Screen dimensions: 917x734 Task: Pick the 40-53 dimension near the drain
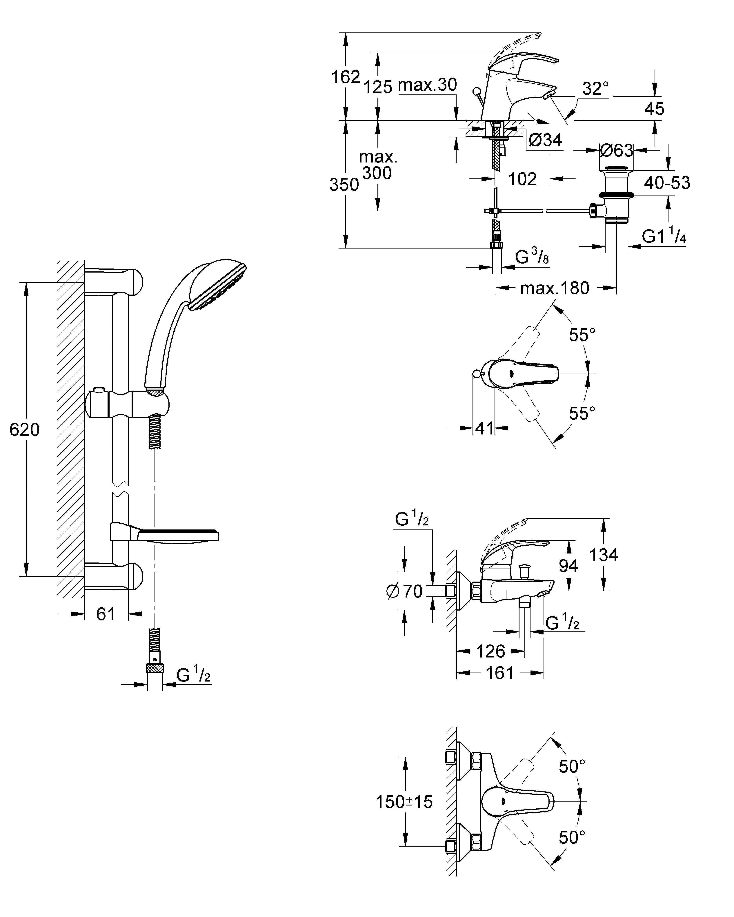click(x=667, y=183)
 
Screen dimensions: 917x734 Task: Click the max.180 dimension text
click(x=554, y=288)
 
